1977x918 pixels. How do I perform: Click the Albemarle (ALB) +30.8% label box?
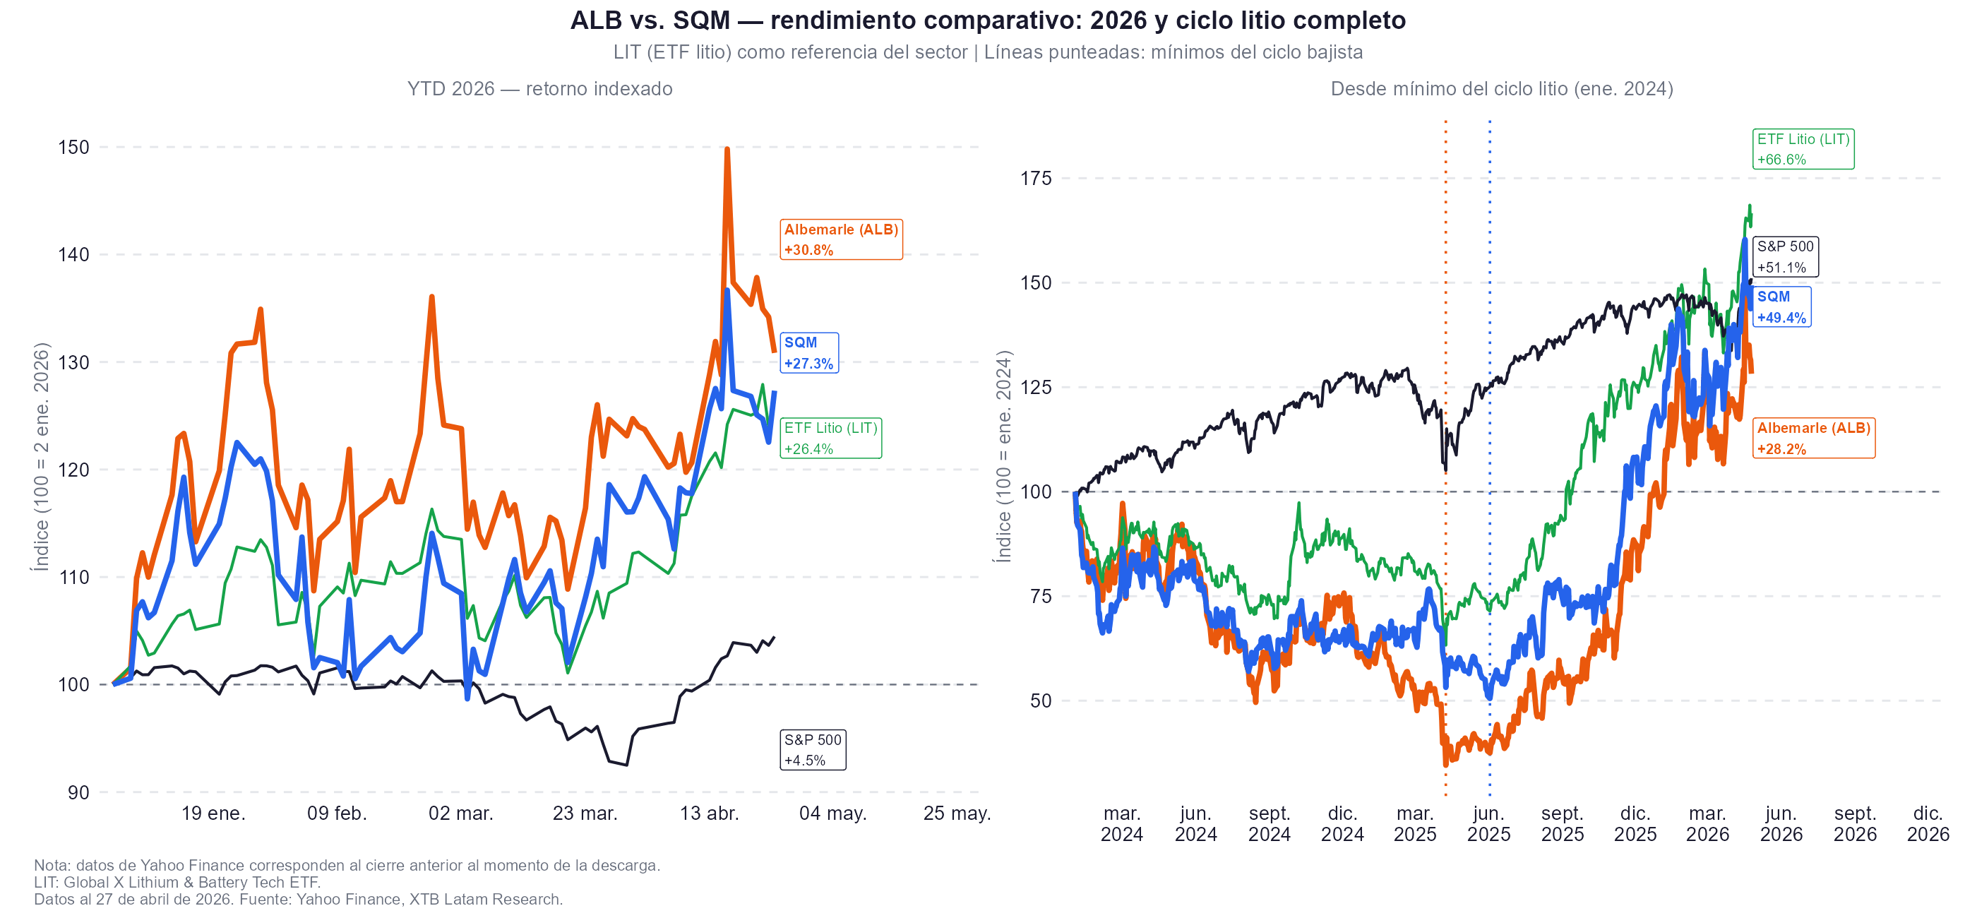[840, 239]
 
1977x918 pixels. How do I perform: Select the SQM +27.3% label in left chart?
[809, 353]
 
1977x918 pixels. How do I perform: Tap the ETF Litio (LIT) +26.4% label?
[830, 439]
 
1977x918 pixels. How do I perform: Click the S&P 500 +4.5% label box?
[813, 750]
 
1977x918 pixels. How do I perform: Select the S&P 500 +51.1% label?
[1785, 257]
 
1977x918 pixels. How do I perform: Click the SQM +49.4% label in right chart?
[1781, 307]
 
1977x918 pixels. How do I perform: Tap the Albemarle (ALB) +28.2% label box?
[1812, 439]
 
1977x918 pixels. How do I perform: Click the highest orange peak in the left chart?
[727, 150]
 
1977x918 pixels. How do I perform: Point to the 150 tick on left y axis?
[73, 147]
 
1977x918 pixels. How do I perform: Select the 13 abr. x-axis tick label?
[709, 813]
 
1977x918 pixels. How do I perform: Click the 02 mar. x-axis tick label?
[460, 813]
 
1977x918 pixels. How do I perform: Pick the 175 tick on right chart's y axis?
[1035, 178]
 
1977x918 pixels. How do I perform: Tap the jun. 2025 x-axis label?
[1488, 823]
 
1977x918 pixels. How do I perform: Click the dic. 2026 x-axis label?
[1927, 823]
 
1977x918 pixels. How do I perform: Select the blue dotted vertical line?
[1490, 307]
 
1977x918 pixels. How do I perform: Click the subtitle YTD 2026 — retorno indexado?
[539, 89]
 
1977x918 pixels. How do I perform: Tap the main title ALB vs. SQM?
[988, 20]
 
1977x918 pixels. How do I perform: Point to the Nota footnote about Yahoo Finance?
[347, 865]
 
